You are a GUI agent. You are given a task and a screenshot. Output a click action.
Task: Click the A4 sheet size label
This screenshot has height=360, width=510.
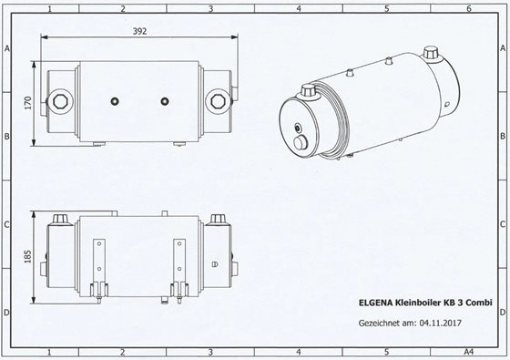pos(468,349)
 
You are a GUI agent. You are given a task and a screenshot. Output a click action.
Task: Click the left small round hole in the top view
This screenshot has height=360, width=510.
pos(114,99)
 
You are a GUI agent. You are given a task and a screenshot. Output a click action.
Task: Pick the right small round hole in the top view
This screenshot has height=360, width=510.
pos(164,99)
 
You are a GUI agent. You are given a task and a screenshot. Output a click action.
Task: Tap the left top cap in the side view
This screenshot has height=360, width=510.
pos(62,221)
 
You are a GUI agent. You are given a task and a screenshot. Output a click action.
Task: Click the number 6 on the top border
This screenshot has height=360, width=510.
pos(468,7)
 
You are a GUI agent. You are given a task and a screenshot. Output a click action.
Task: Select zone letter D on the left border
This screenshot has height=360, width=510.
pos(7,312)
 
